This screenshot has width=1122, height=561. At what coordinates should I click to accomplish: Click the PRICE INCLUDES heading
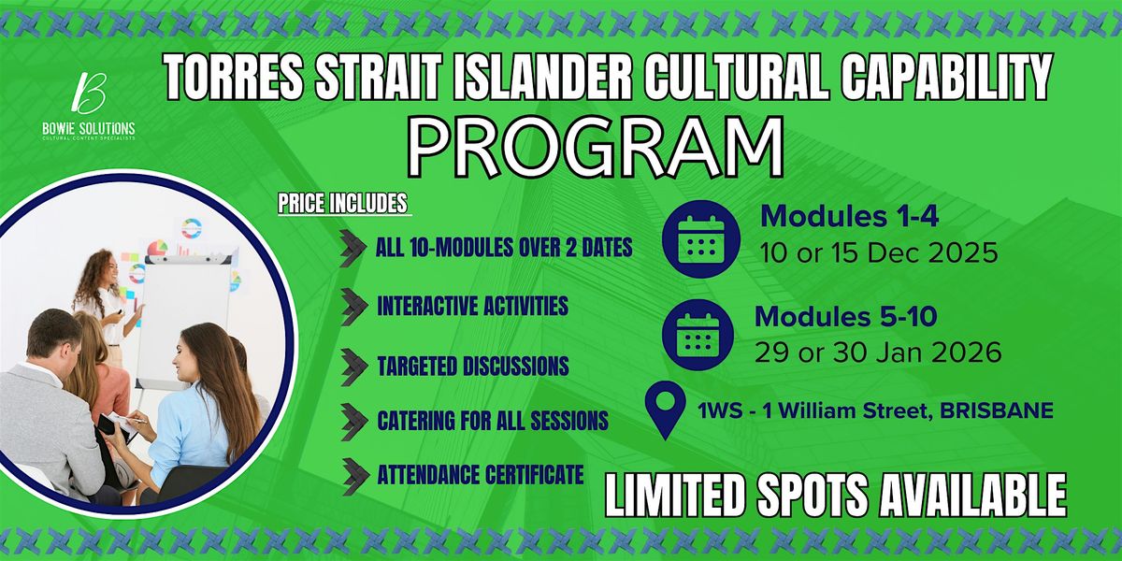tap(342, 202)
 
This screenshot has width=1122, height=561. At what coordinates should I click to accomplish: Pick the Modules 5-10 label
tap(846, 316)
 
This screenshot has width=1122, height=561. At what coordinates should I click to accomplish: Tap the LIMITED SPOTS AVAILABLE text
tap(836, 493)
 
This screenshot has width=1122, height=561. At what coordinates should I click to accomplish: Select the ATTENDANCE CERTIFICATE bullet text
tap(481, 475)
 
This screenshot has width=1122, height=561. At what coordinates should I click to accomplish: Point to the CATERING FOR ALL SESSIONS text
tap(492, 419)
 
